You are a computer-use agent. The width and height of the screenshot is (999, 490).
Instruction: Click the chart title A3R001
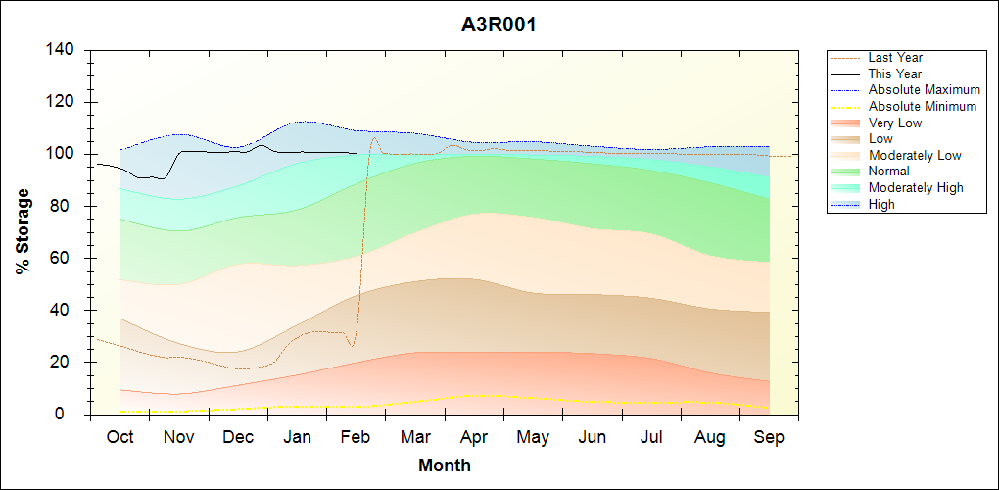pyautogui.click(x=499, y=24)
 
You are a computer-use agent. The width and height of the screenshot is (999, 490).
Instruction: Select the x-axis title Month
pyautogui.click(x=445, y=465)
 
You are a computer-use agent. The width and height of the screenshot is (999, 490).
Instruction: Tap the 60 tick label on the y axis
pyautogui.click(x=66, y=258)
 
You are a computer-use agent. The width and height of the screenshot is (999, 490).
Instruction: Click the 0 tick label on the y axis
pyautogui.click(x=71, y=415)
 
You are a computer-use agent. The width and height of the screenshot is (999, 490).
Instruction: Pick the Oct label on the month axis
pyautogui.click(x=120, y=437)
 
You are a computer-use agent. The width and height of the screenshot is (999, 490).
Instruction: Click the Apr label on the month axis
pyautogui.click(x=474, y=437)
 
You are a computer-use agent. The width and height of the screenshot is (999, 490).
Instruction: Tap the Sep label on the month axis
pyautogui.click(x=769, y=437)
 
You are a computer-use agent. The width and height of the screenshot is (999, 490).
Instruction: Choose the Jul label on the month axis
pyautogui.click(x=651, y=437)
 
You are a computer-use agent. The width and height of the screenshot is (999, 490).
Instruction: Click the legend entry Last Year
pyautogui.click(x=895, y=58)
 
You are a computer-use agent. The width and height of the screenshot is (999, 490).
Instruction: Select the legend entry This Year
pyautogui.click(x=894, y=73)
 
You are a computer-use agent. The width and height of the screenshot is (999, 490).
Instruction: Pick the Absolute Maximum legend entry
pyautogui.click(x=924, y=90)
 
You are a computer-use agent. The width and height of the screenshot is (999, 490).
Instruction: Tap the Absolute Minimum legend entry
pyautogui.click(x=922, y=107)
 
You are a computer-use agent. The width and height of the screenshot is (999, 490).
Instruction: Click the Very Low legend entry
pyautogui.click(x=894, y=122)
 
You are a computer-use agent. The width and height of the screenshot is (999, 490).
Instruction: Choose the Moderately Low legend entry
pyautogui.click(x=915, y=156)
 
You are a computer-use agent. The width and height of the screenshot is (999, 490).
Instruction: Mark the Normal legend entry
pyautogui.click(x=888, y=171)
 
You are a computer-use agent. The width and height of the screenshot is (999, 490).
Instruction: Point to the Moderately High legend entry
pyautogui.click(x=916, y=188)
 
